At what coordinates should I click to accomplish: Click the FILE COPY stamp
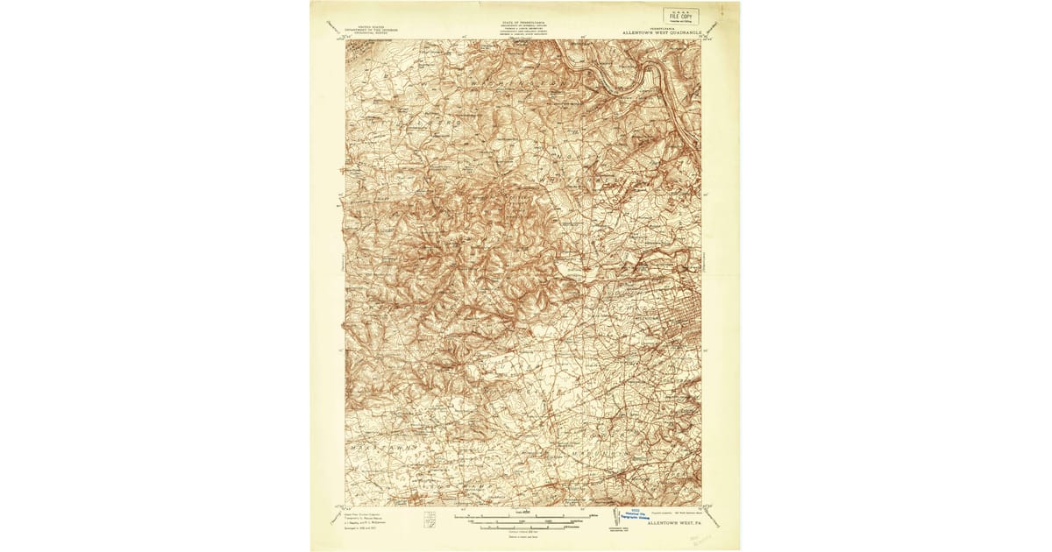pyautogui.click(x=680, y=16)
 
